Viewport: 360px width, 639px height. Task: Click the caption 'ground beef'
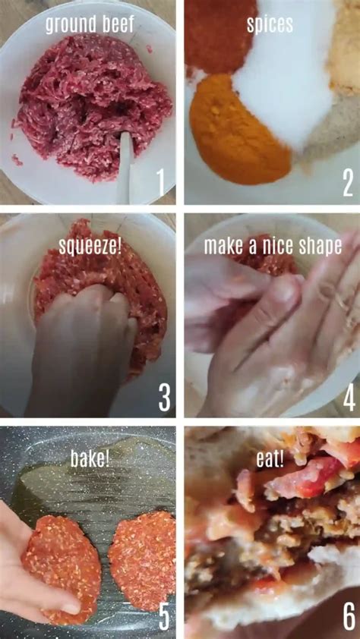(89, 24)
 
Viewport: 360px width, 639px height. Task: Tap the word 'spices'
(270, 24)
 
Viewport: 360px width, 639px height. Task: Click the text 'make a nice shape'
(272, 246)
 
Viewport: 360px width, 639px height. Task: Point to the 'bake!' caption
(90, 458)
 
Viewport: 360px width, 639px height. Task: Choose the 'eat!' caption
(270, 458)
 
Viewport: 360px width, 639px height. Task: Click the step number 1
(160, 182)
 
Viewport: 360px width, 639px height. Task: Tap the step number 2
(348, 183)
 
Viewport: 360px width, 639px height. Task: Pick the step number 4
(349, 397)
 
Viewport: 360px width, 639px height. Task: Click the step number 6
(349, 616)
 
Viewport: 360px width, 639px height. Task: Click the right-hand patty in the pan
(143, 558)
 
